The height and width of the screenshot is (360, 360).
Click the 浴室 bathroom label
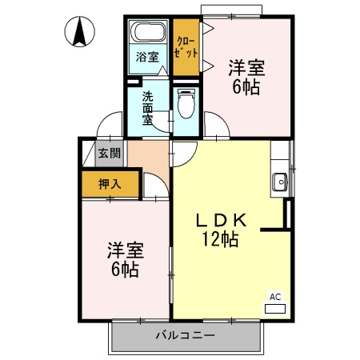click(146, 57)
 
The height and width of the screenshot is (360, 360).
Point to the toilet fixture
click(186, 104)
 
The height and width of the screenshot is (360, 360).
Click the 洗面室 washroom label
click(148, 109)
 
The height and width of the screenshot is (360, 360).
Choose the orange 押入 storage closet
click(110, 184)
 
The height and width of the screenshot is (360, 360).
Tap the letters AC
click(274, 297)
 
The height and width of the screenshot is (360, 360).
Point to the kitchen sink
click(280, 182)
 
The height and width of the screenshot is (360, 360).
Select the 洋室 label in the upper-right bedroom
click(245, 66)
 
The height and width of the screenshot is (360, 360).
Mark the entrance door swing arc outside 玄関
click(106, 127)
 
